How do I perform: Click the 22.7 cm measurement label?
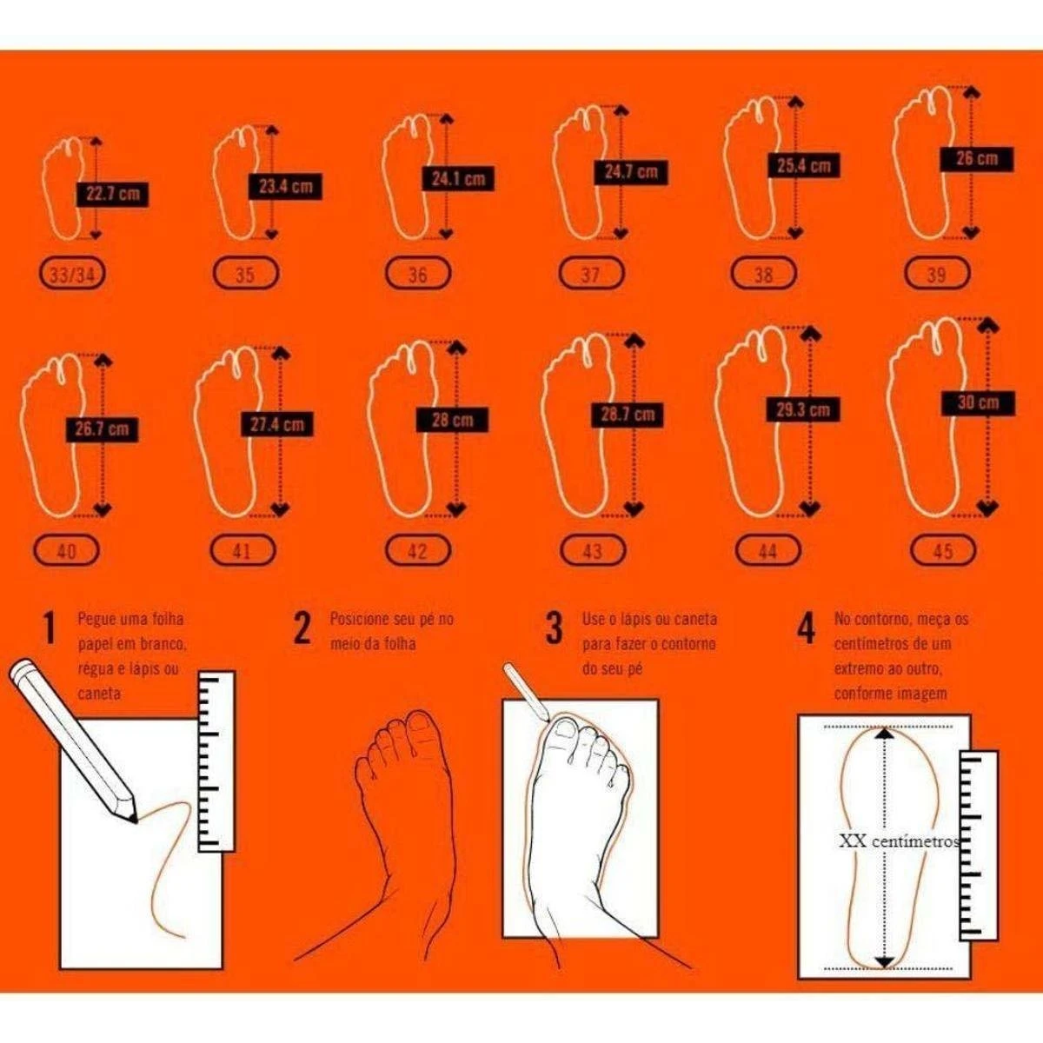pyautogui.click(x=113, y=195)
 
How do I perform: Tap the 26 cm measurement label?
pyautogui.click(x=977, y=158)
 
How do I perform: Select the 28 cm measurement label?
pyautogui.click(x=451, y=420)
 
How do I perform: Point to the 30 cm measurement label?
pyautogui.click(x=978, y=402)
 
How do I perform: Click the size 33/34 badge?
pyautogui.click(x=73, y=276)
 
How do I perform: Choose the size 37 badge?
pyautogui.click(x=590, y=275)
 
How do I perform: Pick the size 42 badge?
pyautogui.click(x=417, y=551)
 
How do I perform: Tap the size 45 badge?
pyautogui.click(x=942, y=550)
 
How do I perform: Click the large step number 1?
pyautogui.click(x=50, y=628)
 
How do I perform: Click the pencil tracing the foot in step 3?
pyautogui.click(x=528, y=691)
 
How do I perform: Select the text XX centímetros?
pyautogui.click(x=899, y=841)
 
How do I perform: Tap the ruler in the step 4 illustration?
pyautogui.click(x=978, y=843)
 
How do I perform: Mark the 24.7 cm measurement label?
pyautogui.click(x=631, y=172)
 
